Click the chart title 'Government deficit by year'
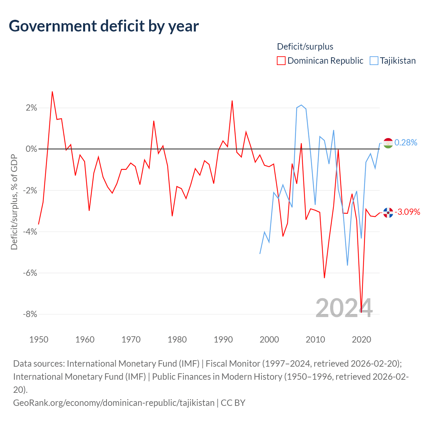[x=104, y=26]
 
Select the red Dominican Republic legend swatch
[x=281, y=61]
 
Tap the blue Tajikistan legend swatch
[x=374, y=61]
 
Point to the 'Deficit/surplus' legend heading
[x=305, y=47]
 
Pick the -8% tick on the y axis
[x=30, y=314]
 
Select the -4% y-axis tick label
[x=30, y=232]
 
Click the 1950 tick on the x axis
[x=39, y=340]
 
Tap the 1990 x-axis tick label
[x=223, y=340]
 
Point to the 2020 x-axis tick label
[x=361, y=340]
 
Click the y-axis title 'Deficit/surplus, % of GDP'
[x=14, y=202]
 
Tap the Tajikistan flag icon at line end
[x=388, y=143]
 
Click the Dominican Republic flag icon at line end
[x=388, y=212]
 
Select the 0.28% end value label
[x=406, y=143]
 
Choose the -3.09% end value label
[x=407, y=212]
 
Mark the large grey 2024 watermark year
[x=344, y=308]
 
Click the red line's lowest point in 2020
[x=361, y=312]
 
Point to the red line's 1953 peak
[x=52, y=91]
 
